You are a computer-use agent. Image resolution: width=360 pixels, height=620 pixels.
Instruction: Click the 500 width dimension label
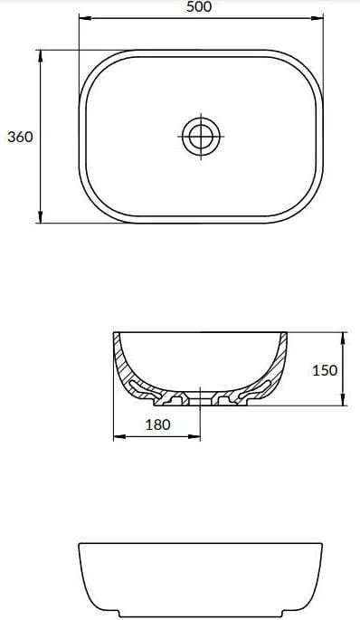point(199,6)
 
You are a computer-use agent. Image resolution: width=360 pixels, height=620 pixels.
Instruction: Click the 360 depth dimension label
point(20,137)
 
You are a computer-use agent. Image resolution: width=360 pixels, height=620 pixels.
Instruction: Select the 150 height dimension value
point(325,370)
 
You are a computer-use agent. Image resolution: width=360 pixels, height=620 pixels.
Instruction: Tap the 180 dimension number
point(157,424)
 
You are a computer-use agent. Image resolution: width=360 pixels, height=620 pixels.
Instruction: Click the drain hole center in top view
point(201,136)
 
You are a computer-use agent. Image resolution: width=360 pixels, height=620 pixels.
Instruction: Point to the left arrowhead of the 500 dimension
point(85,18)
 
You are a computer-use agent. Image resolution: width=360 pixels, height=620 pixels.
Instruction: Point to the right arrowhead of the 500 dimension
point(317,18)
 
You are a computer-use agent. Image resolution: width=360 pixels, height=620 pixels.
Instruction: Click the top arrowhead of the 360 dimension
point(41,56)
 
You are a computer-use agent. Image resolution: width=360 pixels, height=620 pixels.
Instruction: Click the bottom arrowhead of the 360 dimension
point(41,216)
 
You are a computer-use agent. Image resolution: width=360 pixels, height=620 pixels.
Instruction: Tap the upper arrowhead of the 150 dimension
point(343,339)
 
